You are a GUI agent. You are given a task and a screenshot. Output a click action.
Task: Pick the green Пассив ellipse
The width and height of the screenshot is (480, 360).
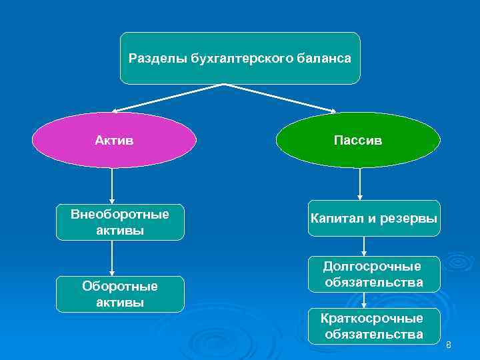coord(358,140)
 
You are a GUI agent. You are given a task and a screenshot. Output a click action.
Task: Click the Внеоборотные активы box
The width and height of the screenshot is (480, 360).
coord(120,222)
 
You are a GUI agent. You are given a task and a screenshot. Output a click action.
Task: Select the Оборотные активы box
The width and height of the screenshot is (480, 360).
coord(120,294)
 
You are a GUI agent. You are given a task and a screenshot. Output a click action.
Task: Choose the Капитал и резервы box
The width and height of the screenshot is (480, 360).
coord(373,218)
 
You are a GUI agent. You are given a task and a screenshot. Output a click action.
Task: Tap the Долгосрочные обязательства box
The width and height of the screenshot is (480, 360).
coord(373,274)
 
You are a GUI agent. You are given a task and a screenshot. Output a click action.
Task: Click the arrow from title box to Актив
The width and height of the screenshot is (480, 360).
coord(167,98)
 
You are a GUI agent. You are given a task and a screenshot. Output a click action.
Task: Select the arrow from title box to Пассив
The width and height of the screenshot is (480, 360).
coord(280,98)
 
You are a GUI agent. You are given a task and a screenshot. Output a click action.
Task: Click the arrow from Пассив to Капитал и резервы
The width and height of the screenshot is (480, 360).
coord(360,183)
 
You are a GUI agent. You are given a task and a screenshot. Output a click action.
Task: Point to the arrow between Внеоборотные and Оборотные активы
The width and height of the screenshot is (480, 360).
coord(112,258)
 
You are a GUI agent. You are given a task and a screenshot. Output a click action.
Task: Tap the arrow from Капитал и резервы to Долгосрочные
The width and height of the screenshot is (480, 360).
coord(363,246)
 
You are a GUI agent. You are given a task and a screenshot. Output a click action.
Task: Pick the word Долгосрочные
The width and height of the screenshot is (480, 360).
coord(373,266)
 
